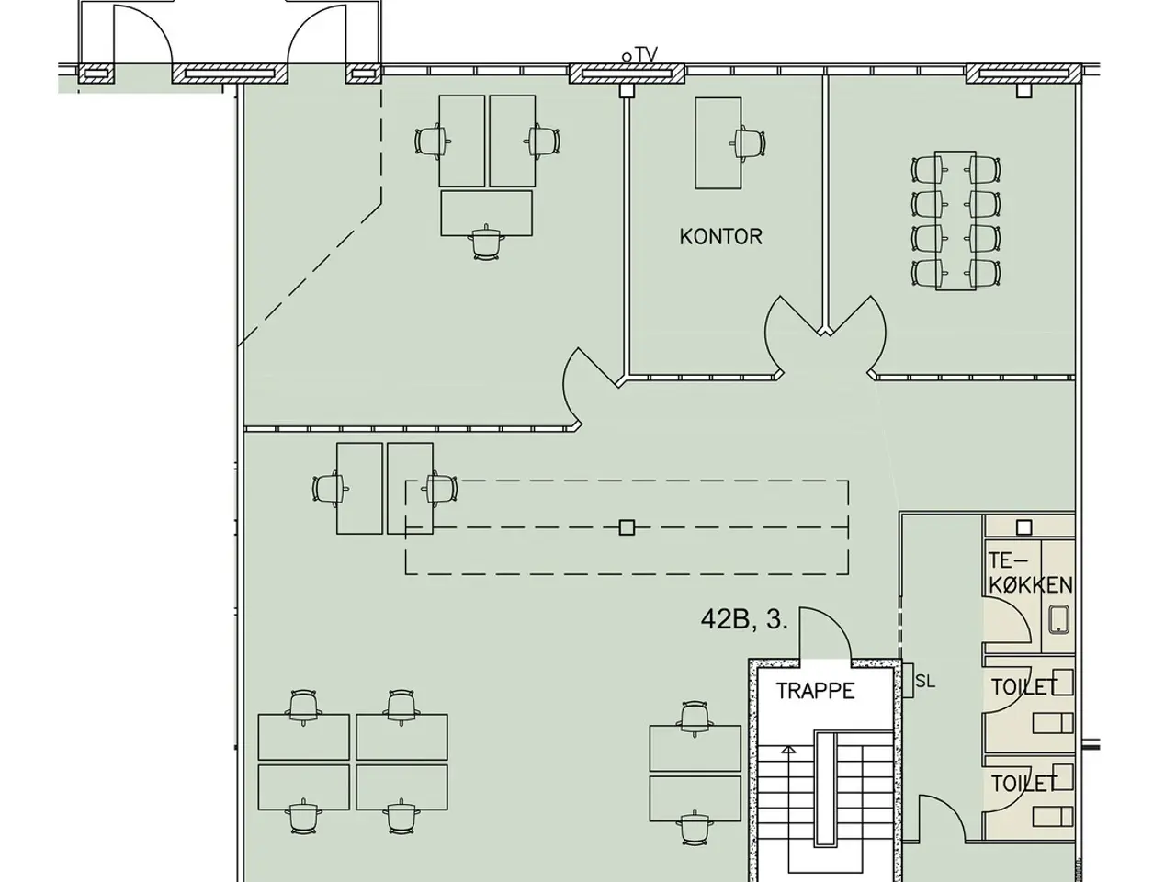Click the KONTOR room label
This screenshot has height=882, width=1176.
click(720, 237)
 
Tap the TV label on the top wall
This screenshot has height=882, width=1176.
click(647, 54)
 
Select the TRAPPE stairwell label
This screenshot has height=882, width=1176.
click(815, 691)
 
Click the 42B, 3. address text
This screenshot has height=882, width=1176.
click(744, 619)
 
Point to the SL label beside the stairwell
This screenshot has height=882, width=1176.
click(925, 682)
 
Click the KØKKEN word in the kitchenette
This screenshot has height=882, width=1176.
click(1031, 585)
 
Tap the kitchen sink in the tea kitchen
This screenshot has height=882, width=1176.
click(1059, 620)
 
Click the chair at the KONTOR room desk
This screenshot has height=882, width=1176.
click(748, 143)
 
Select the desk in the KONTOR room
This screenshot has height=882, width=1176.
click(718, 143)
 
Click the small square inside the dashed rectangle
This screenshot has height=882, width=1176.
click(627, 527)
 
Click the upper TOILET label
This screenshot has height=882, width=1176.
click(1024, 687)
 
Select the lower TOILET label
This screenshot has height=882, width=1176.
click(1024, 784)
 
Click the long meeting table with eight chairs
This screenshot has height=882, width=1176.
click(955, 220)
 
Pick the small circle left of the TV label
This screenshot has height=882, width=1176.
click(627, 57)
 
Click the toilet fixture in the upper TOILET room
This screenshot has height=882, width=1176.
click(1053, 723)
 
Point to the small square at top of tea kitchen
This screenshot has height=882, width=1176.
click(1023, 527)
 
